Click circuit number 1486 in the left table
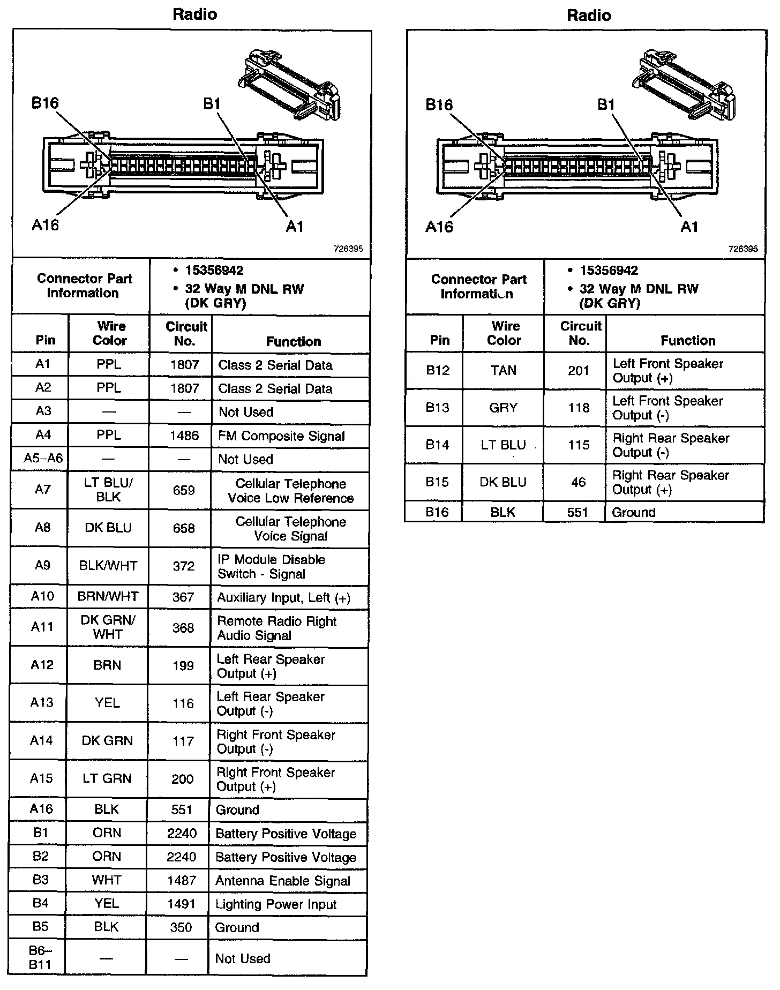(x=184, y=436)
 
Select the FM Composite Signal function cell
(x=281, y=436)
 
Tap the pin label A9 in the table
(x=42, y=565)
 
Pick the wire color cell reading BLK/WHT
(x=108, y=566)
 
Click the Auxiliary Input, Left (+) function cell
(x=283, y=598)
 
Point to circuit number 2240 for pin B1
(x=182, y=834)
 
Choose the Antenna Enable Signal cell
(x=282, y=881)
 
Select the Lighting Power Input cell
(x=276, y=904)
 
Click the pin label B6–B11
(x=40, y=958)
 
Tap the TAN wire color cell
(x=503, y=370)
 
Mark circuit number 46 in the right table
(x=578, y=482)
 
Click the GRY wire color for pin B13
(x=503, y=408)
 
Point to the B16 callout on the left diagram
(x=45, y=103)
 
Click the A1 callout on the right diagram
(x=689, y=227)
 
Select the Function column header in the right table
(x=688, y=341)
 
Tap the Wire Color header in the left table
(x=109, y=333)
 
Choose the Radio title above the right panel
(x=589, y=15)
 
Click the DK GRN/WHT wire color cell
(x=108, y=627)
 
